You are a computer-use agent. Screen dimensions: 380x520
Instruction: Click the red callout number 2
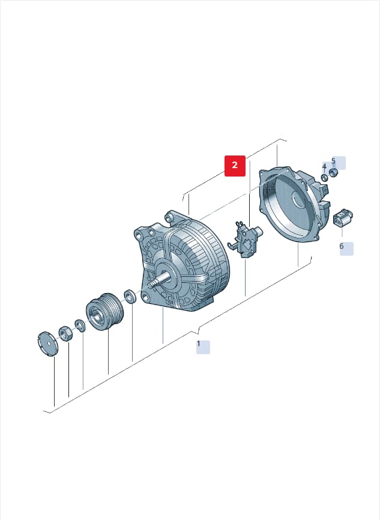(x=235, y=166)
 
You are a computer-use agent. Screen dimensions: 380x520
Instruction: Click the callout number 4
(x=324, y=166)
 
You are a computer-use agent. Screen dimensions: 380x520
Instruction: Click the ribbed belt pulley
(x=105, y=312)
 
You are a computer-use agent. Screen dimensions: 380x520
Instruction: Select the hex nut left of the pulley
(x=65, y=334)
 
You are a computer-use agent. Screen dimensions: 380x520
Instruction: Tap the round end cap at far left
(x=47, y=343)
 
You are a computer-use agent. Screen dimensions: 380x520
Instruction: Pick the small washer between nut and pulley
(x=80, y=325)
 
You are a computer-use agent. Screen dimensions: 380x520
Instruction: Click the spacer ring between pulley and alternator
(x=130, y=297)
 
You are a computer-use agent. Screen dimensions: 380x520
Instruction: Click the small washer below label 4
(x=325, y=177)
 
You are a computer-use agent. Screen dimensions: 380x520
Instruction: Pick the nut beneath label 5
(x=333, y=173)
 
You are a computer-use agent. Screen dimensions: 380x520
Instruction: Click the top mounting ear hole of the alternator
(x=170, y=217)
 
